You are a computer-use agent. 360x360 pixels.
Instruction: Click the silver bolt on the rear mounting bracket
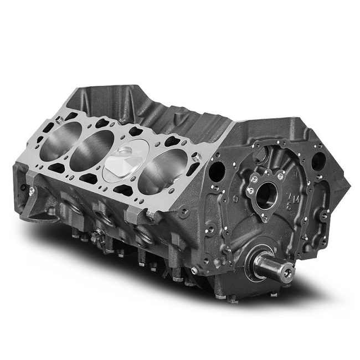tap(35, 191)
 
